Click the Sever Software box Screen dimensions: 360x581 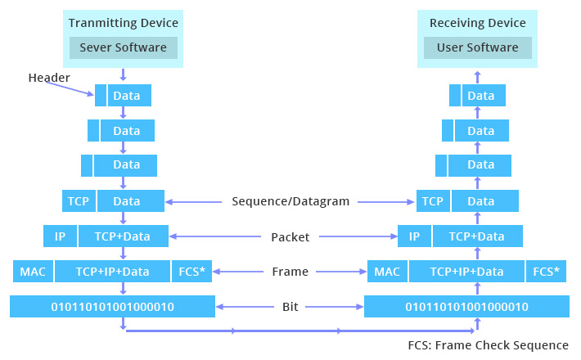pyautogui.click(x=123, y=47)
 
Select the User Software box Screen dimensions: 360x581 pyautogui.click(x=477, y=47)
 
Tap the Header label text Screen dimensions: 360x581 pyautogui.click(x=49, y=78)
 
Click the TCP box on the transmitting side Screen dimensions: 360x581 pyautogui.click(x=79, y=201)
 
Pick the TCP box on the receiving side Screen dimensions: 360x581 pyautogui.click(x=433, y=201)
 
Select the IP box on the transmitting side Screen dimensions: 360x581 pyautogui.click(x=60, y=236)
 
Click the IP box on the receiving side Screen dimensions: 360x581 pyautogui.click(x=414, y=236)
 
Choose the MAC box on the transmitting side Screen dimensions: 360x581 pyautogui.click(x=32, y=272)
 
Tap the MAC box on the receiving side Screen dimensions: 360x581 pyautogui.click(x=386, y=272)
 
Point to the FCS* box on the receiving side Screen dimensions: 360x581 pyautogui.click(x=547, y=272)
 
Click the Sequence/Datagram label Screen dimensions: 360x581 pyautogui.click(x=290, y=201)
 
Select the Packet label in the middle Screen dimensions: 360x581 pyautogui.click(x=290, y=237)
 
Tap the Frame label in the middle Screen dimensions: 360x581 pyautogui.click(x=290, y=272)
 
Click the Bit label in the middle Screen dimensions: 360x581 pyautogui.click(x=290, y=307)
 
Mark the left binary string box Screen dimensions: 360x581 pyautogui.click(x=113, y=307)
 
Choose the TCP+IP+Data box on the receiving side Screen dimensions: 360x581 pyautogui.click(x=467, y=272)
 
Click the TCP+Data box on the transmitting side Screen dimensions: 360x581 pyautogui.click(x=124, y=236)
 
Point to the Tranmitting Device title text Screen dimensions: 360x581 pyautogui.click(x=123, y=23)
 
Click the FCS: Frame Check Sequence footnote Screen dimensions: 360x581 pyautogui.click(x=488, y=345)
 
